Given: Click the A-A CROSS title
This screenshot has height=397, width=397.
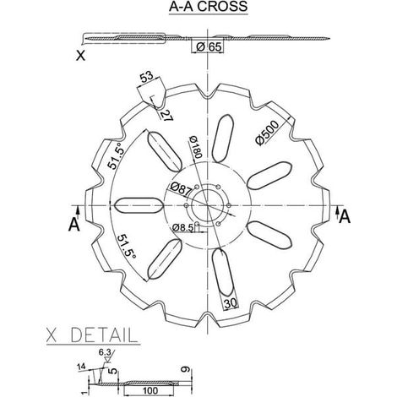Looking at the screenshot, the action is tap(209, 7).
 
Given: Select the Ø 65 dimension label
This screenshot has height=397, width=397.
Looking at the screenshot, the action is tap(209, 46).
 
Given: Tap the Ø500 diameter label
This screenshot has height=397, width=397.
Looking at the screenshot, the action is tap(267, 133).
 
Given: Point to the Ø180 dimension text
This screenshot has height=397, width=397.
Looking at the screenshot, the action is tap(196, 147).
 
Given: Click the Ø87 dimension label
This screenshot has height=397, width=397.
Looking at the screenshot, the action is tap(181, 189).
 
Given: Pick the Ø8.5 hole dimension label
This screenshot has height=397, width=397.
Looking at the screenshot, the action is tap(183, 227).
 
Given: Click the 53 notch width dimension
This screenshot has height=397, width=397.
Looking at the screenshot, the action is tap(147, 77).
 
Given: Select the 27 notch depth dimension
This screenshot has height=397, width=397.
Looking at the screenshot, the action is tap(166, 115).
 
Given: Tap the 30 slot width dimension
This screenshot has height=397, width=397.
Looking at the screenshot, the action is tap(231, 303).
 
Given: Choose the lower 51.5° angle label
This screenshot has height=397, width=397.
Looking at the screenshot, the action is tap(127, 247).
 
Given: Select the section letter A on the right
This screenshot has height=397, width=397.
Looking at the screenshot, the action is tap(345, 216).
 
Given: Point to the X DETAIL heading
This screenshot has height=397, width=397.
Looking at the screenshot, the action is tap(92, 335).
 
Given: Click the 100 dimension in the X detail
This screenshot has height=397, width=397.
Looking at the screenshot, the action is tap(150, 390).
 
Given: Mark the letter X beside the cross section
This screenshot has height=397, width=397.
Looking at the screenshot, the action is tap(81, 56).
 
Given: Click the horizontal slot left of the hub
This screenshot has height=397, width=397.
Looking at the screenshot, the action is tap(139, 205).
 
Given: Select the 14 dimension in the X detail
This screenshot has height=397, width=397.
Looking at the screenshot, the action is tap(81, 367).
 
